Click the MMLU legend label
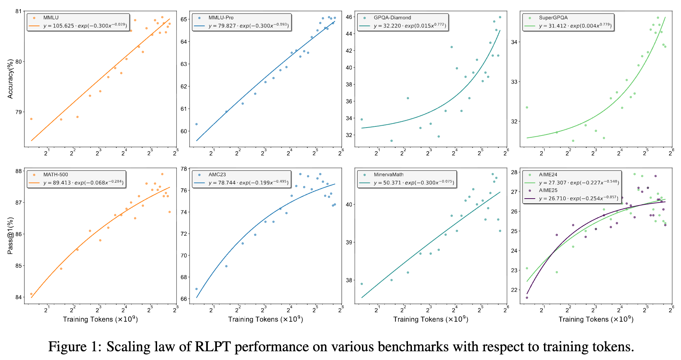51,17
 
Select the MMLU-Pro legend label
221,17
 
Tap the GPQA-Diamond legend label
392,17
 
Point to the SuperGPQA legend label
553,17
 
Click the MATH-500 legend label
55,175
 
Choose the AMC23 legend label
217,175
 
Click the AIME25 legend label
548,190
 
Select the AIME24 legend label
548,175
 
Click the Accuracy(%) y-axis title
10,79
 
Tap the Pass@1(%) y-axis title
10,235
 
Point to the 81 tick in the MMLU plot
19,11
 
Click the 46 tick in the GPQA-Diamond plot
349,17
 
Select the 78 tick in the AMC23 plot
183,169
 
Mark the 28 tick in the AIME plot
514,172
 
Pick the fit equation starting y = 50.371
414,183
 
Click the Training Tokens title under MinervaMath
431,319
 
